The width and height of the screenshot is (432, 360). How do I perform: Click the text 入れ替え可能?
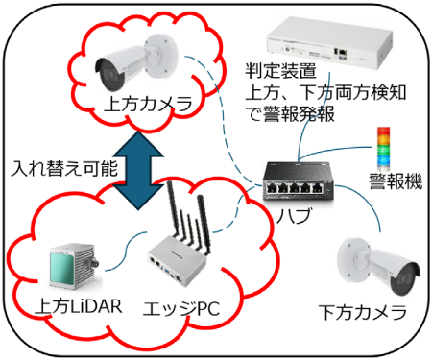click(x=64, y=167)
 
